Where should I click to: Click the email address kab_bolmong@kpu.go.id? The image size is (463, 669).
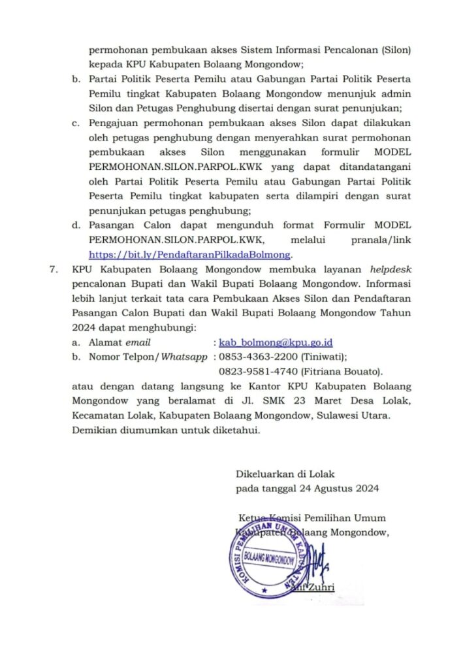pyautogui.click(x=276, y=342)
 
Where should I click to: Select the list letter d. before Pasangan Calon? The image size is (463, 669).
pyautogui.click(x=76, y=225)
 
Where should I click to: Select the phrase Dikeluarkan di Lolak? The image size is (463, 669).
pyautogui.click(x=285, y=474)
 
